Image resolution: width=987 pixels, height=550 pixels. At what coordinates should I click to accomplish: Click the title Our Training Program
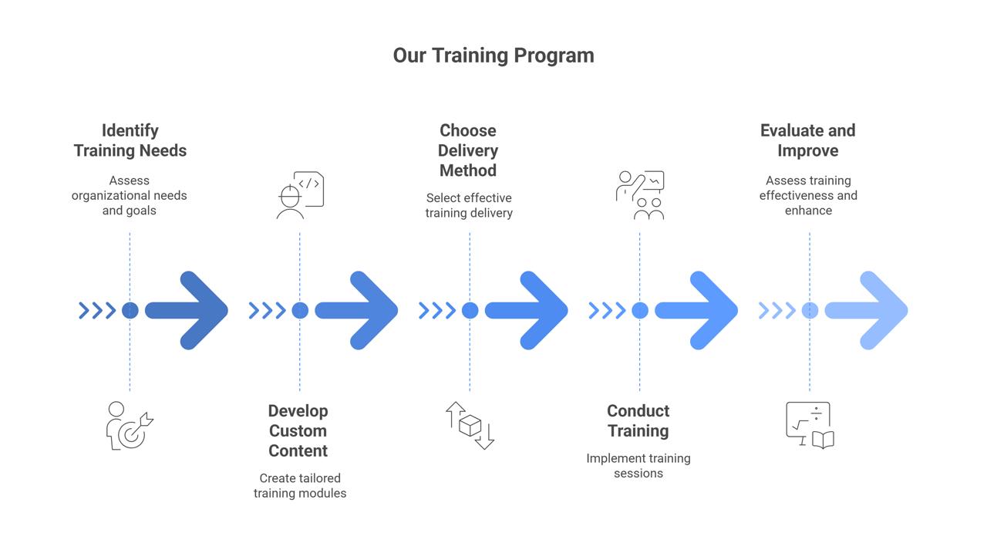tap(493, 56)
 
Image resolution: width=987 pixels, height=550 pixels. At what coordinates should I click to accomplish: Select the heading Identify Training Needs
tap(130, 140)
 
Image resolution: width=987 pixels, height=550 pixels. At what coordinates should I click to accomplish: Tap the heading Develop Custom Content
tap(298, 430)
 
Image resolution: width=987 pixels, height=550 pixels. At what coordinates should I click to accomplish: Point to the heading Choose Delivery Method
tap(468, 150)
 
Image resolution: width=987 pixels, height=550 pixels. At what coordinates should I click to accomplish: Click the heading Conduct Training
tap(638, 420)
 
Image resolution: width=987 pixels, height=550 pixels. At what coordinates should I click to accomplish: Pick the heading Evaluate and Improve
tap(807, 140)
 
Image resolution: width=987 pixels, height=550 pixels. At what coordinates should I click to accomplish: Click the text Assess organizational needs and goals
tap(130, 195)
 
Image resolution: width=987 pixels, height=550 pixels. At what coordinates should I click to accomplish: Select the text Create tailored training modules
tap(300, 485)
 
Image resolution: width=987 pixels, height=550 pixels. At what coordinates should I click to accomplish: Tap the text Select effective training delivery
tap(469, 205)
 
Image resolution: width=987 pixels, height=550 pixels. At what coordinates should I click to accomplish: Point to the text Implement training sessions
tap(638, 465)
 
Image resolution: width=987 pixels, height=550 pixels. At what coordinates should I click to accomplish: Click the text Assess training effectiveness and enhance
tap(808, 195)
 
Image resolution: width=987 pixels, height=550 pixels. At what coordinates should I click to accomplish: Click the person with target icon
tap(129, 426)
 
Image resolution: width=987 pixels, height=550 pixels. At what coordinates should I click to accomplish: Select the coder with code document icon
tap(300, 195)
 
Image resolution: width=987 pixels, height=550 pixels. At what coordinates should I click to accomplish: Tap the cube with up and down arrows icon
tap(470, 425)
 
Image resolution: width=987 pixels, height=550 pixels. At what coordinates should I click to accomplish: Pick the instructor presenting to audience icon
tap(640, 195)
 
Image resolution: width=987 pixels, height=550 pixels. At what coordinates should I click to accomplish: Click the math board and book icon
tap(810, 425)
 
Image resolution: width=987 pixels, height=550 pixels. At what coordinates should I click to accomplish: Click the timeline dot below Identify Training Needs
tap(130, 310)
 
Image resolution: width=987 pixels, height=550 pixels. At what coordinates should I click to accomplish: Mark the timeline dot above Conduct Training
tap(640, 310)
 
